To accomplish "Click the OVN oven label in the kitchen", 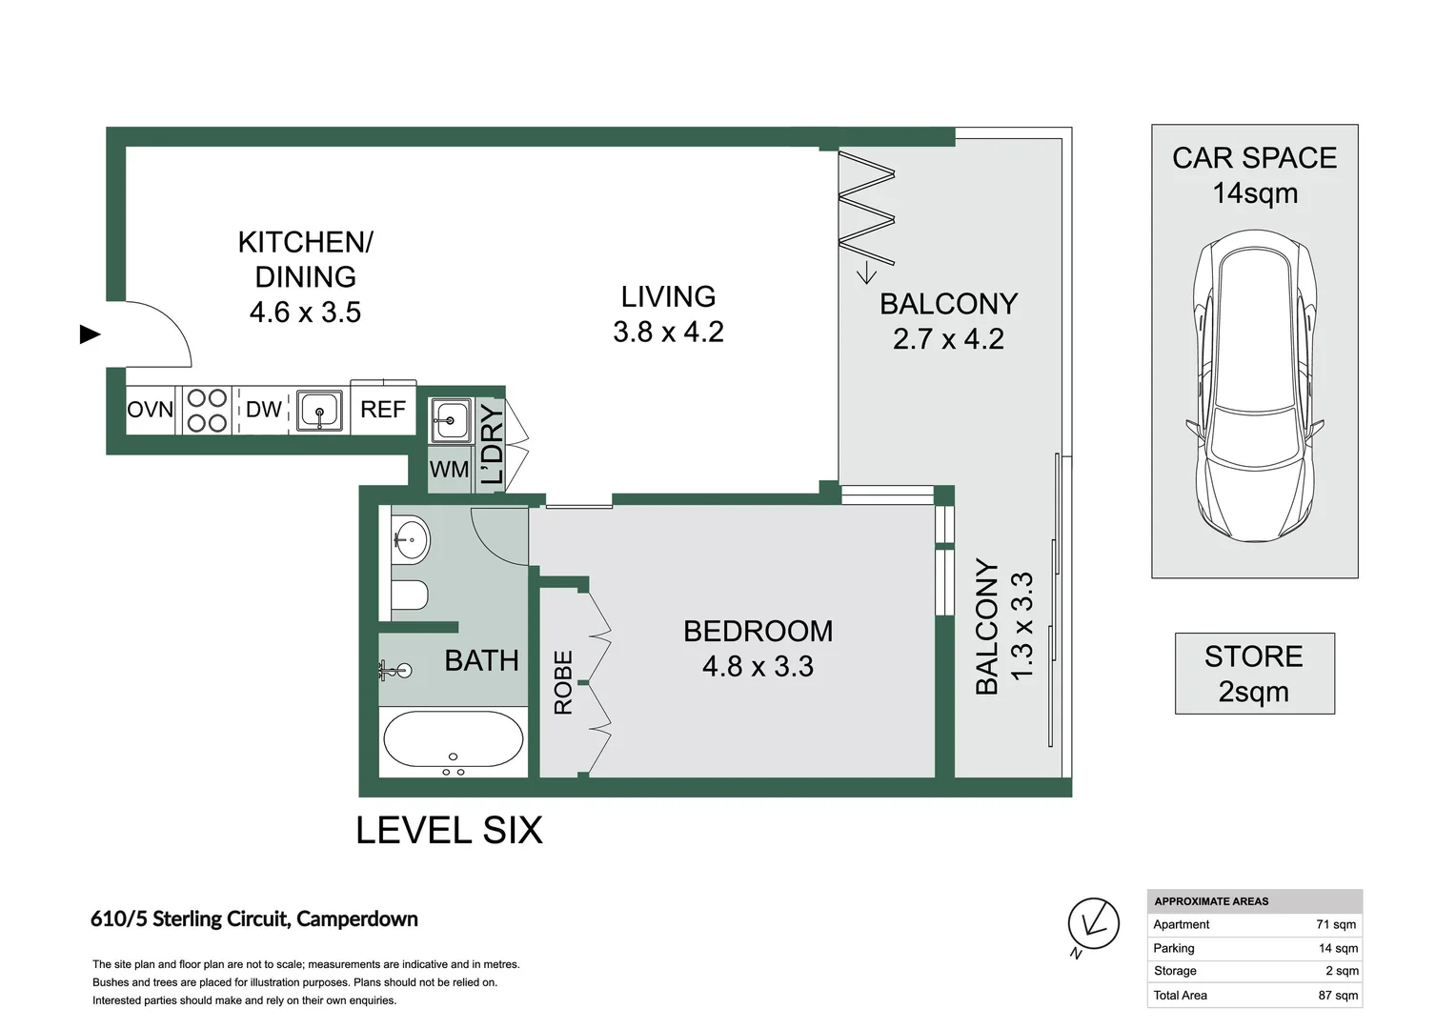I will pyautogui.click(x=151, y=410).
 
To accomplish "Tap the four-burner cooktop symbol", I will pyautogui.click(x=207, y=411).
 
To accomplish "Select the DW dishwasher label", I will pyautogui.click(x=263, y=410).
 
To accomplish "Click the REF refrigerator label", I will pyautogui.click(x=383, y=410).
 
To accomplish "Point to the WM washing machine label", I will pyautogui.click(x=449, y=470).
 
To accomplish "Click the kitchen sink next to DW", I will pyautogui.click(x=319, y=411).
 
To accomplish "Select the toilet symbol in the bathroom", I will pyautogui.click(x=410, y=595).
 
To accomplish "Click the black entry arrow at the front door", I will pyautogui.click(x=91, y=334).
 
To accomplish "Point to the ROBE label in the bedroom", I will pyautogui.click(x=563, y=682).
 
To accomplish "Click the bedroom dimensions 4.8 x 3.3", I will pyautogui.click(x=758, y=666).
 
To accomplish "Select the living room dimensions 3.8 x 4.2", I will pyautogui.click(x=668, y=332).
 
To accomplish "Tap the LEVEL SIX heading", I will pyautogui.click(x=449, y=831).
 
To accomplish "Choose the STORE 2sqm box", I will pyautogui.click(x=1254, y=674).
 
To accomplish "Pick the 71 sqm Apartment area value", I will pyautogui.click(x=1336, y=924).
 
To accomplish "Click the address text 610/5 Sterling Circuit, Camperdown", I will pyautogui.click(x=254, y=919).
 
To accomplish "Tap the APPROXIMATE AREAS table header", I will pyautogui.click(x=1211, y=901).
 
